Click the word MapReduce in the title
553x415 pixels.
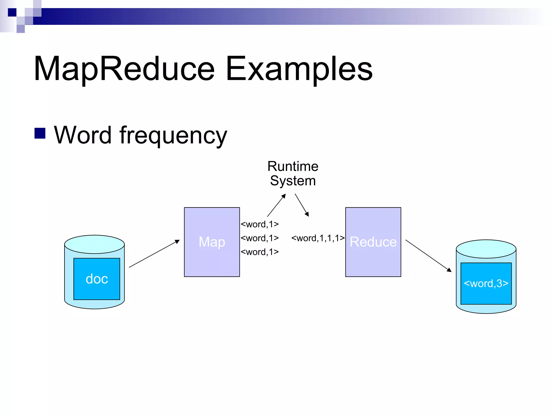[124, 69]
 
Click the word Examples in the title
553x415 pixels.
[299, 69]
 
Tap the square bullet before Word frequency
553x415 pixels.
[40, 133]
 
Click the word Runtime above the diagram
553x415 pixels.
[293, 166]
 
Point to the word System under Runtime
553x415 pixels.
[293, 181]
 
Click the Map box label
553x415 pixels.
[212, 242]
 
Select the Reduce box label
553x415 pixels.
[373, 242]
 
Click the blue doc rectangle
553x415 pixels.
[97, 279]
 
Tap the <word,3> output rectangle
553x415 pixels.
[486, 283]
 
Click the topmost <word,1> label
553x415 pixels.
[259, 224]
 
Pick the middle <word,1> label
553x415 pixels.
[259, 238]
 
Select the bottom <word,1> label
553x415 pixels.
[259, 252]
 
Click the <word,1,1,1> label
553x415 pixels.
[318, 238]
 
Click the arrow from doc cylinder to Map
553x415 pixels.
[154, 254]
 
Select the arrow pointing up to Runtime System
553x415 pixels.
[276, 205]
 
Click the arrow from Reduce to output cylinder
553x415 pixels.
[428, 256]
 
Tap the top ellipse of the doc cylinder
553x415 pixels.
[95, 244]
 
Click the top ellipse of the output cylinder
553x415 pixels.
[486, 249]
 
